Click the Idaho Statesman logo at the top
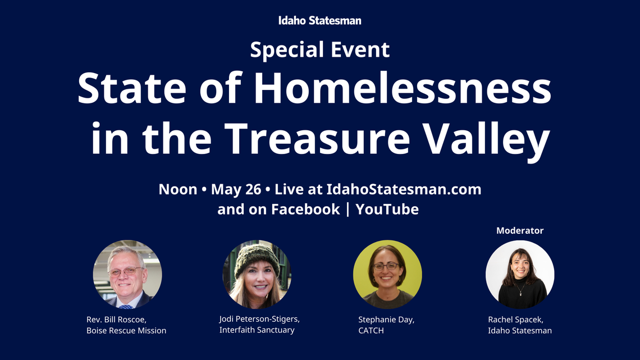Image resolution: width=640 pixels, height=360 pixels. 319,21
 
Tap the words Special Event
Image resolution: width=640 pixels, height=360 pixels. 319,50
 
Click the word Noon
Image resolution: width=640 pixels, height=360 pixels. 177,189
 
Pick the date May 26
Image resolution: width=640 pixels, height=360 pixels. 236,189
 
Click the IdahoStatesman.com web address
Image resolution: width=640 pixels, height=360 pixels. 404,189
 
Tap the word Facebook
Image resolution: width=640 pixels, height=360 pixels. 305,209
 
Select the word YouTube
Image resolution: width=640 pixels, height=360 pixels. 387,209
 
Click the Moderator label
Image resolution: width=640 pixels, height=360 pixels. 520,230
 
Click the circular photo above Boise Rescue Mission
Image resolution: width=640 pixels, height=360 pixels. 127,275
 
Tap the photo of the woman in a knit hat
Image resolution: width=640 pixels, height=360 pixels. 257,275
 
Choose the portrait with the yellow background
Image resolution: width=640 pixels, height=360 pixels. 387,275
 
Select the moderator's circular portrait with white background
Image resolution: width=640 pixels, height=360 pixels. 520,275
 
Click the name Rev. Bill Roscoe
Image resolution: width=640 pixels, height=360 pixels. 116,320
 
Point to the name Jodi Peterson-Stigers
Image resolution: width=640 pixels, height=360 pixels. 259,318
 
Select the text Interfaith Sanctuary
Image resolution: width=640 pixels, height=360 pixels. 257,330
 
